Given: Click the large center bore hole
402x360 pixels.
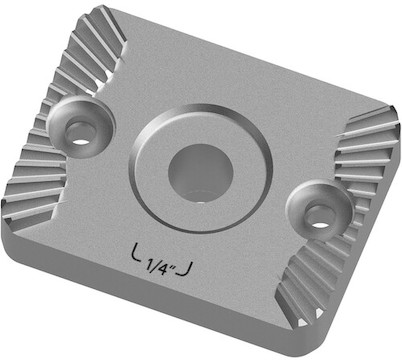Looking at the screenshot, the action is coord(200,173).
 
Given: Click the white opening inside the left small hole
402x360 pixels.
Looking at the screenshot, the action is coord(81,142).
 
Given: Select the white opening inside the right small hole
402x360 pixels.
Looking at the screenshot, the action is coord(320,225).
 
